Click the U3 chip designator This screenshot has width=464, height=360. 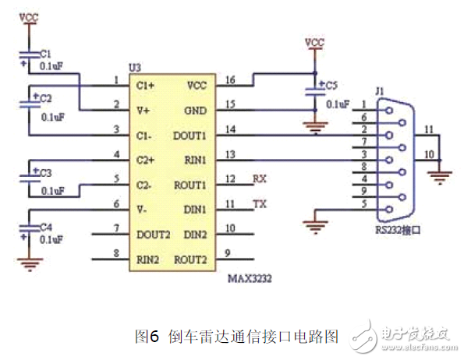click(x=135, y=70)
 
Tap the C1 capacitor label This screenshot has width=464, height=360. click(x=45, y=54)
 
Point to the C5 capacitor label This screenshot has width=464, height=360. click(x=331, y=85)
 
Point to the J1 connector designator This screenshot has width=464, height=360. click(x=380, y=92)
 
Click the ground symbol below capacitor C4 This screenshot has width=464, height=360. click(x=28, y=264)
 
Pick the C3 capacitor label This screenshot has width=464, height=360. click(x=45, y=172)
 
